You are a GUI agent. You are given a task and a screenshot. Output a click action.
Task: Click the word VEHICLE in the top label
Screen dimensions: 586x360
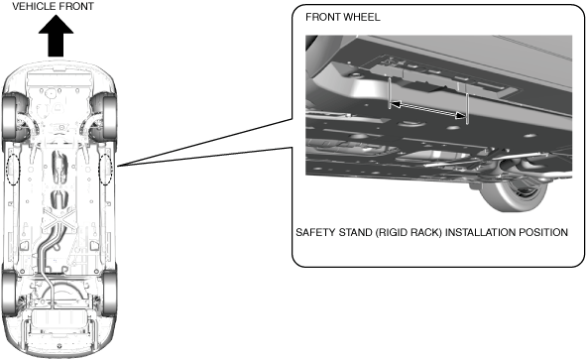[x=34, y=6]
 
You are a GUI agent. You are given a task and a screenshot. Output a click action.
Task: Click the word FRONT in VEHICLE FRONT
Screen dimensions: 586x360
[x=76, y=6]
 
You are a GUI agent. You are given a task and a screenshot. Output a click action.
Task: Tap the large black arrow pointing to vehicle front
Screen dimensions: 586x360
[x=56, y=36]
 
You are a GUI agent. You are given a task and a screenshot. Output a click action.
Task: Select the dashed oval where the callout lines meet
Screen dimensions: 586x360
[x=105, y=169]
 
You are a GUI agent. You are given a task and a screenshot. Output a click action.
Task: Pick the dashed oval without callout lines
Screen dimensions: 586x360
[x=14, y=169]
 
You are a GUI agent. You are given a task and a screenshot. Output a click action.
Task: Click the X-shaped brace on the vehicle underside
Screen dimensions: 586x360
[x=59, y=220]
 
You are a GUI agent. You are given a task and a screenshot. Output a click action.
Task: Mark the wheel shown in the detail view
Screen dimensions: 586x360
[x=513, y=194]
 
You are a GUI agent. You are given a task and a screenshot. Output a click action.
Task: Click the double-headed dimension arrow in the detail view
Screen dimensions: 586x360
[x=427, y=110]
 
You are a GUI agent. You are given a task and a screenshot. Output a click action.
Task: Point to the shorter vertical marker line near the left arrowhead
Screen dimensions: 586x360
[x=389, y=93]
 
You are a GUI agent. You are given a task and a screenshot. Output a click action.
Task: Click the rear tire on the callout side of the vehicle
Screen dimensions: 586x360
[x=109, y=292]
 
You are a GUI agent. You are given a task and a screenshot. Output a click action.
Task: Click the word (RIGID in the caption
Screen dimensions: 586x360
[x=392, y=232]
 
